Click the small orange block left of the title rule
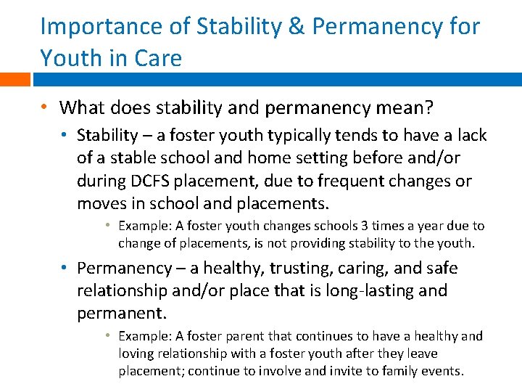14,79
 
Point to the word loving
137,354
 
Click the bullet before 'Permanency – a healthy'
65,268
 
